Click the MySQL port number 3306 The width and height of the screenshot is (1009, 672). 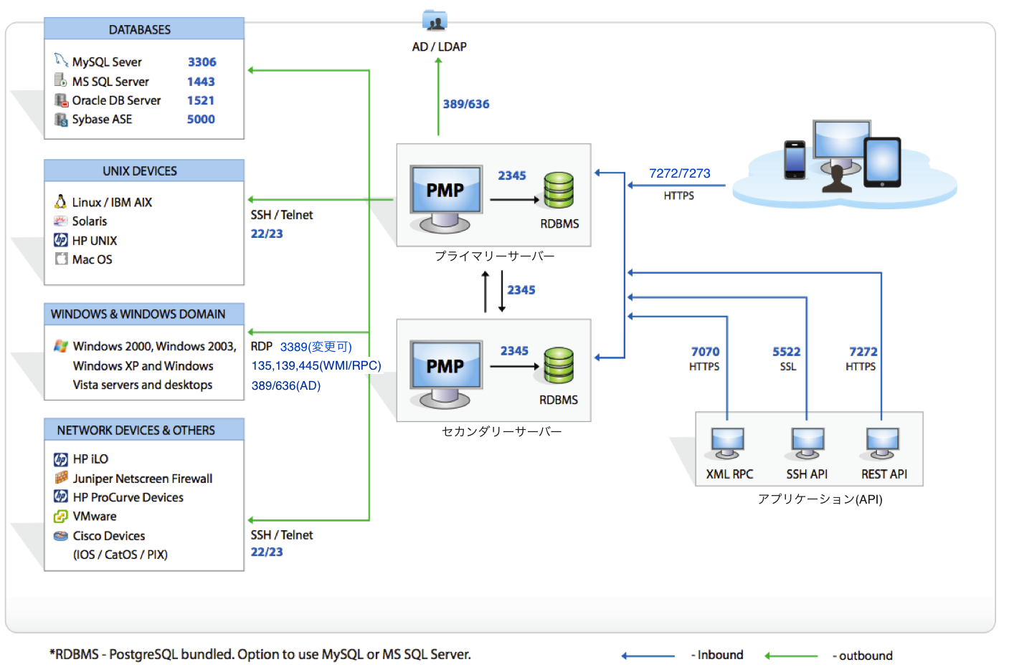(202, 62)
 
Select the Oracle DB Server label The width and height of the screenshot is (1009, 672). (116, 100)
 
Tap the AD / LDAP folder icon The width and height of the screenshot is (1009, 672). (435, 21)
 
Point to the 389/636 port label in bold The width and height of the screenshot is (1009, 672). (466, 104)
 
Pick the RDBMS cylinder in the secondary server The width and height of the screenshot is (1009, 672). (559, 365)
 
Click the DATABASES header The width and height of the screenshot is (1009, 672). (140, 29)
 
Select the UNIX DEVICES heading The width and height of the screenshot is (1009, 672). (140, 171)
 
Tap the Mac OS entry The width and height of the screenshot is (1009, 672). (92, 259)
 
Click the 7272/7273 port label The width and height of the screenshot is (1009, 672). (679, 173)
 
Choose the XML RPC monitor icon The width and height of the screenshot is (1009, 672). (727, 443)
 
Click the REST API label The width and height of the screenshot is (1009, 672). (884, 474)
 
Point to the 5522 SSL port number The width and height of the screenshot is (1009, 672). (786, 352)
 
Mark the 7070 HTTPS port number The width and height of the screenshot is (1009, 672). (705, 352)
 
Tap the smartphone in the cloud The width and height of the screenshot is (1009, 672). (795, 159)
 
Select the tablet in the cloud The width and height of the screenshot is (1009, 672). (882, 163)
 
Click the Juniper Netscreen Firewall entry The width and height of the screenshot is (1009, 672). (142, 479)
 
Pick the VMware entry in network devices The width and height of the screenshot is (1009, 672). (94, 517)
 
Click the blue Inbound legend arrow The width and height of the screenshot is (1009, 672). (648, 656)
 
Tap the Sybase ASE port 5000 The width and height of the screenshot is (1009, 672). (201, 120)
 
